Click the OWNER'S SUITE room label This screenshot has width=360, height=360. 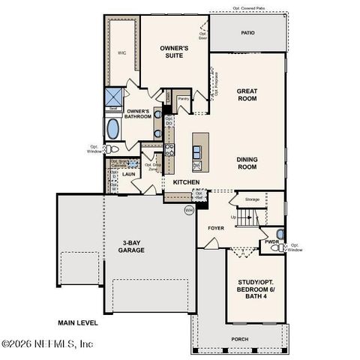tap(173, 52)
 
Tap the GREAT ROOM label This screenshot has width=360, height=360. tap(247, 95)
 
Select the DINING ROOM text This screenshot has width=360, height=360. tap(247, 163)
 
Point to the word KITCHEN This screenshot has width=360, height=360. tap(185, 182)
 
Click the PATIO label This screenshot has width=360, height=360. tap(247, 33)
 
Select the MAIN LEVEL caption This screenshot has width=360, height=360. tap(77, 322)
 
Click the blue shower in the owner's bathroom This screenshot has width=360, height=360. tap(115, 96)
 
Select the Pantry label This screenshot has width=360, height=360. tap(183, 98)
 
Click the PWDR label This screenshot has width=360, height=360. tap(271, 241)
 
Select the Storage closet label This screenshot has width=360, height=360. tap(251, 199)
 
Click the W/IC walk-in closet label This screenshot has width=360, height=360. tap(121, 53)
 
